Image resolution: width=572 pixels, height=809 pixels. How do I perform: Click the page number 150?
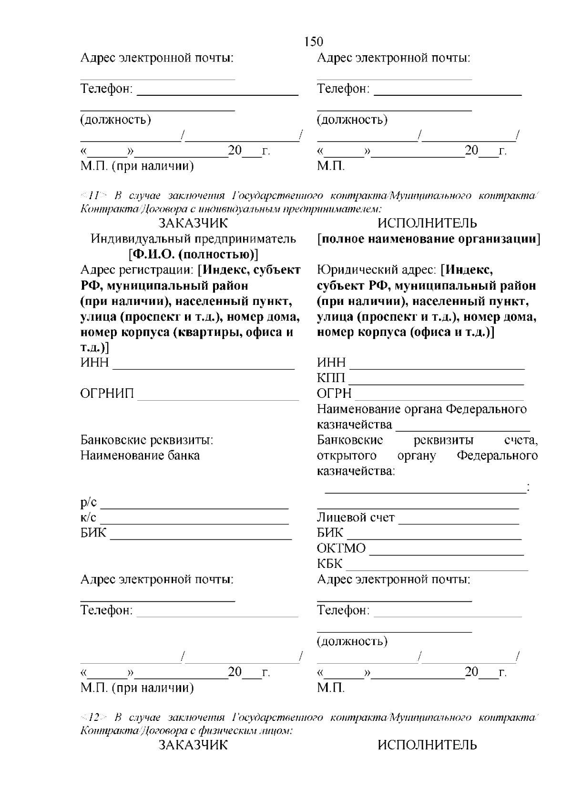(x=313, y=42)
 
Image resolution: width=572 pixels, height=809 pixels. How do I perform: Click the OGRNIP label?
(x=107, y=394)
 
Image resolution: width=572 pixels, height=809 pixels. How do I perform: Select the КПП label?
(x=331, y=378)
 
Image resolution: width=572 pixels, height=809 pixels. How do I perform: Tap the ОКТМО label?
(x=341, y=548)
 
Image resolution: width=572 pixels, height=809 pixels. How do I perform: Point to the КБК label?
(x=330, y=564)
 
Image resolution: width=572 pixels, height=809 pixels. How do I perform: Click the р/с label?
(x=89, y=502)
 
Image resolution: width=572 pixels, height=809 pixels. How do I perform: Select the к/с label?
(x=88, y=517)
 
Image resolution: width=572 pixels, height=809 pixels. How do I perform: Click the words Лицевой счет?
(x=356, y=517)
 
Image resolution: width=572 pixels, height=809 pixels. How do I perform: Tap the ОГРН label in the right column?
(x=334, y=394)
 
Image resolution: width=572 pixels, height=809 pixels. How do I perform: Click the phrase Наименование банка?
(x=140, y=455)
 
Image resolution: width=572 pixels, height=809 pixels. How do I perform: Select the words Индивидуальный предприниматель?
(x=193, y=239)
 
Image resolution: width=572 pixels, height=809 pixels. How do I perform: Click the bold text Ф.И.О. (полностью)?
(x=193, y=254)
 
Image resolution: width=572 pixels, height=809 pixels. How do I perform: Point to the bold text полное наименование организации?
(x=429, y=239)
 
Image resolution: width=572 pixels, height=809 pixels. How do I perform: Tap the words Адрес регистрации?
(x=137, y=270)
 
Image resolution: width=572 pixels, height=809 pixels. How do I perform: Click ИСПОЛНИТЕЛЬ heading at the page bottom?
(x=427, y=745)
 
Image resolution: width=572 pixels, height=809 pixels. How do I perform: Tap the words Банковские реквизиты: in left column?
(x=146, y=440)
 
